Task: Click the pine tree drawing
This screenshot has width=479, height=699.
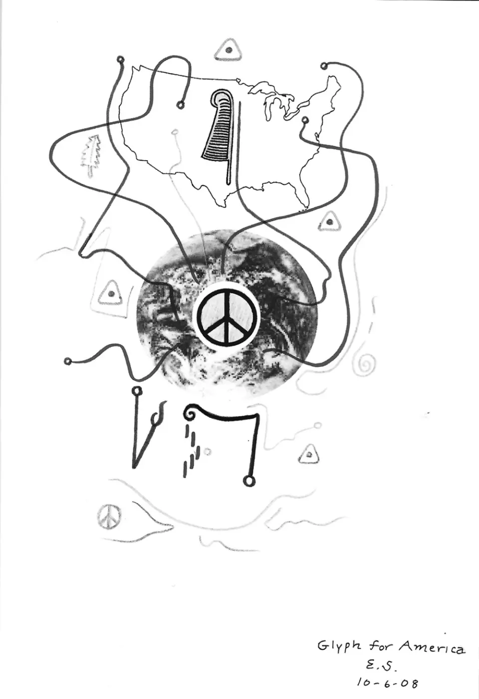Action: (x=91, y=156)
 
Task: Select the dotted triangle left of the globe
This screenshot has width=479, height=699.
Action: (x=111, y=293)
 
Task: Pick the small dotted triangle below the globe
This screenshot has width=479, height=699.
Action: (x=309, y=454)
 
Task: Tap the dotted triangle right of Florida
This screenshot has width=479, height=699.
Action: (x=329, y=222)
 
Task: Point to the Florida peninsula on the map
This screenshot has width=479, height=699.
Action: (x=303, y=190)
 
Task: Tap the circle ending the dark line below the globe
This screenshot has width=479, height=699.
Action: (x=248, y=481)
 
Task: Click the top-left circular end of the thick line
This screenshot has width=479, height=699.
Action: (x=120, y=59)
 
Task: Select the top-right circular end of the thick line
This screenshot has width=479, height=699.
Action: (x=324, y=66)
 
